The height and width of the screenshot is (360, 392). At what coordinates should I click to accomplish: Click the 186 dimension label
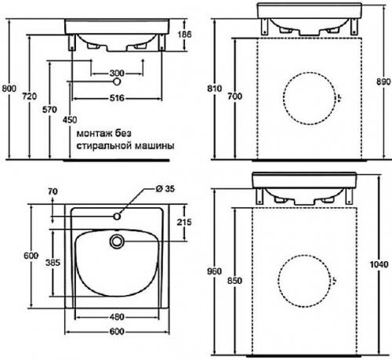184,35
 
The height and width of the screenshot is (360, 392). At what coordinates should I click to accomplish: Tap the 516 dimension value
117,98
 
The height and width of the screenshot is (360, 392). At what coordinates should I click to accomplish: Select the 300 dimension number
117,73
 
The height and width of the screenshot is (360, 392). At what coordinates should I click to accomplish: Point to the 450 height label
70,120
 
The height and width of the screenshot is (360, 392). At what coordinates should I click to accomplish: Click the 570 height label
49,109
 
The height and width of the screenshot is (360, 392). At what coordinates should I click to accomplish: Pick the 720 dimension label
30,96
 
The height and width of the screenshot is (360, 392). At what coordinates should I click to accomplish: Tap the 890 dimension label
383,82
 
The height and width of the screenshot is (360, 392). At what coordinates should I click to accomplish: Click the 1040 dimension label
379,264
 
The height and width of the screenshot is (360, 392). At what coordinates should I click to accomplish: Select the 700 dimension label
235,96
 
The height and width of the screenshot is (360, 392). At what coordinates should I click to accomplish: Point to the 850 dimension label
234,281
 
